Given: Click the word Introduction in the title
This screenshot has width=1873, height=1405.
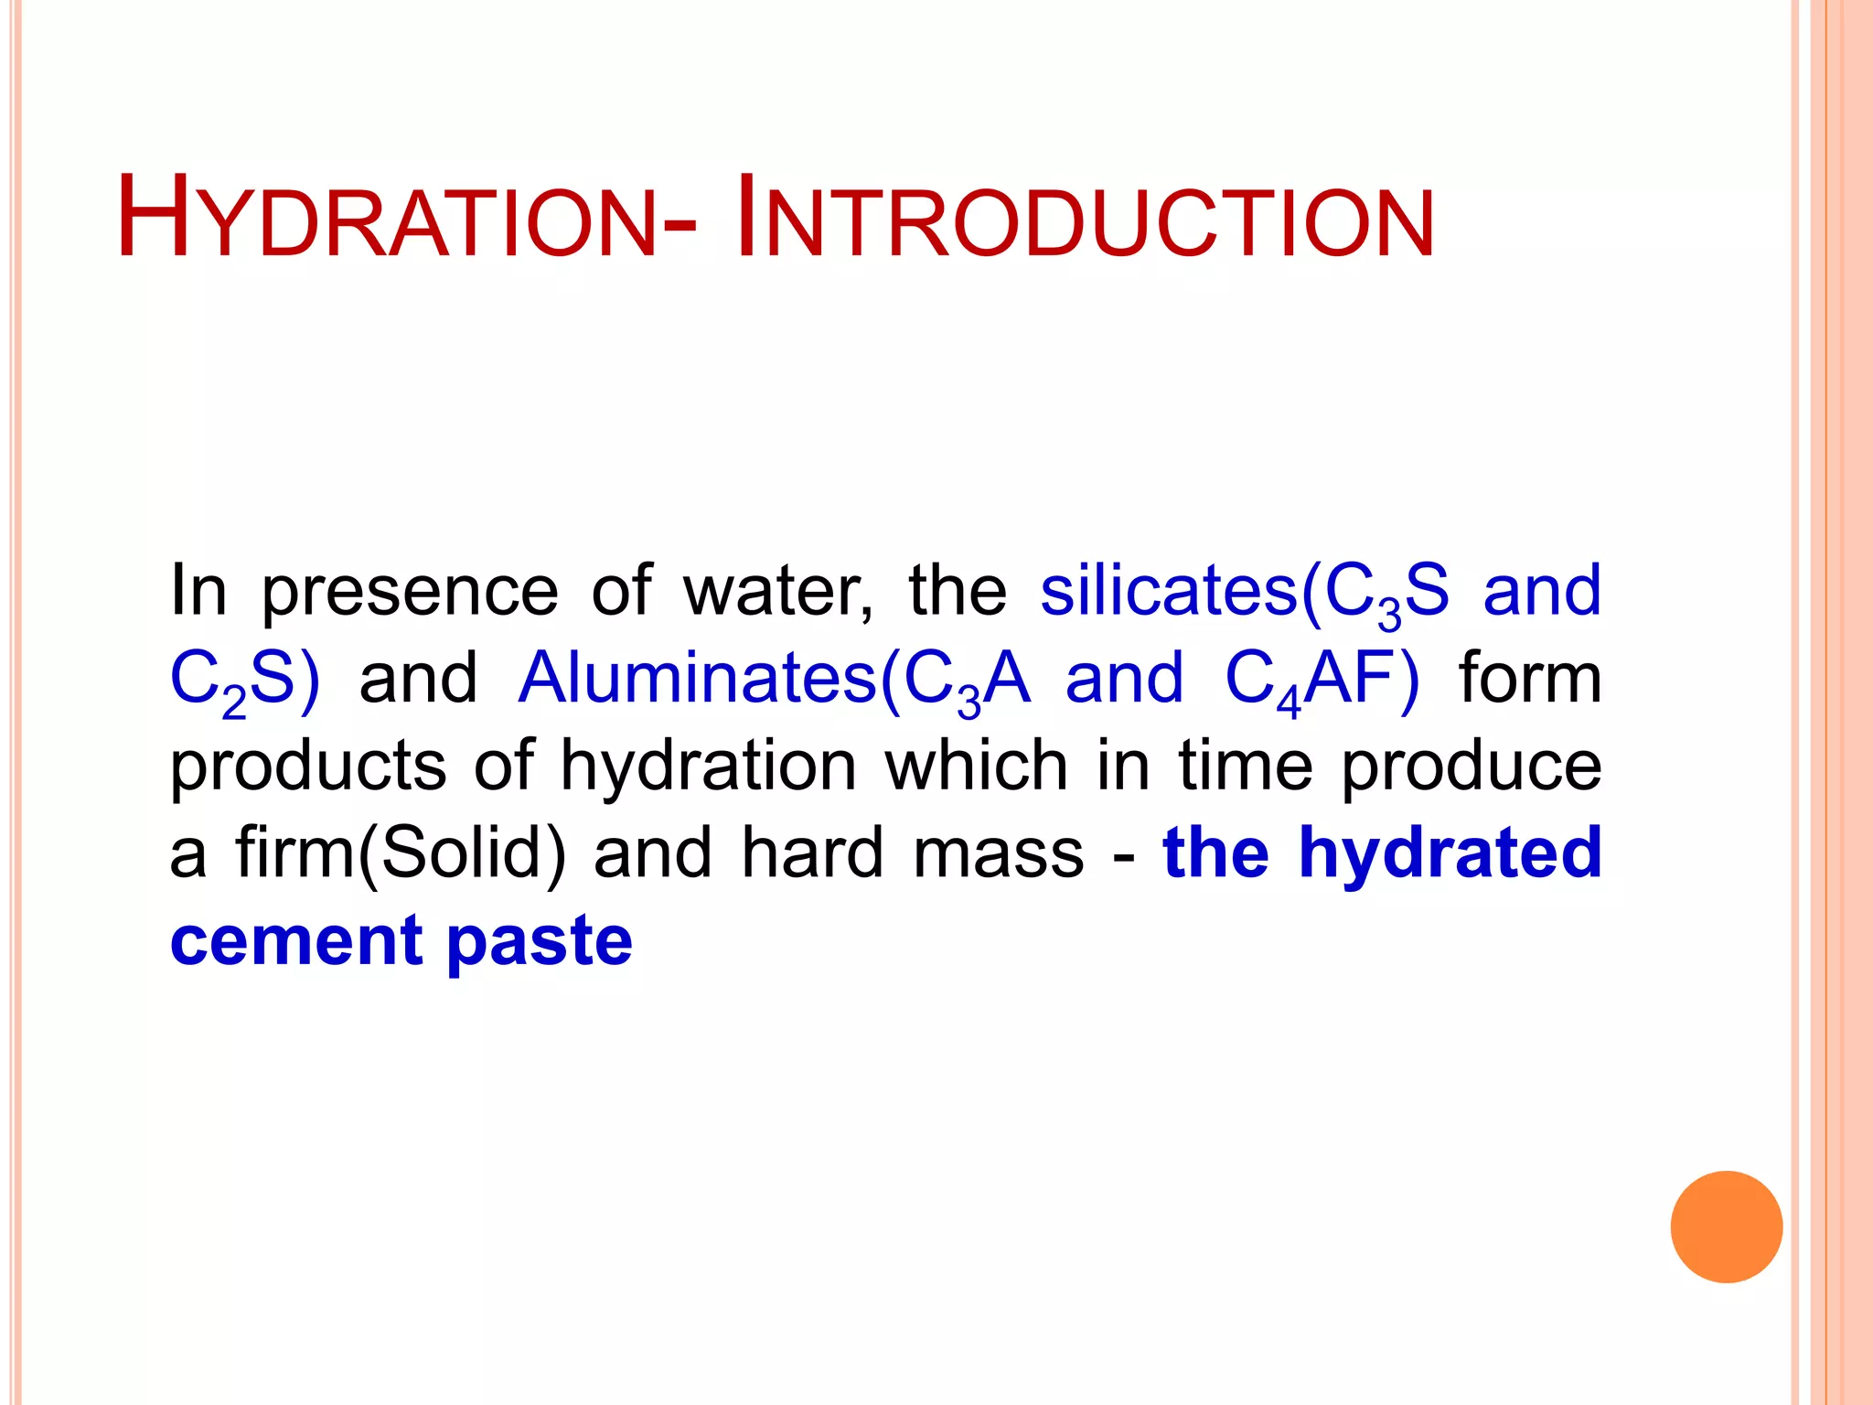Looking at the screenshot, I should (1085, 220).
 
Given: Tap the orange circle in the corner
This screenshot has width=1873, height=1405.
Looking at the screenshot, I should (1726, 1227).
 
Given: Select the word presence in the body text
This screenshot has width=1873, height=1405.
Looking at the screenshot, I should (410, 593).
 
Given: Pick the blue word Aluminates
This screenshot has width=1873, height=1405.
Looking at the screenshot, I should (697, 679).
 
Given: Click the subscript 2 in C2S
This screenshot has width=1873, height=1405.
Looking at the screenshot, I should (234, 704).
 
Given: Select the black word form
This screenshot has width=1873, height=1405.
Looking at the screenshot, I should (1530, 679).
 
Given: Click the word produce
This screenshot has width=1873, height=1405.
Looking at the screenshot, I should (1472, 767).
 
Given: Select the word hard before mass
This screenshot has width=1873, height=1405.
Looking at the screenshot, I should (812, 853).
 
